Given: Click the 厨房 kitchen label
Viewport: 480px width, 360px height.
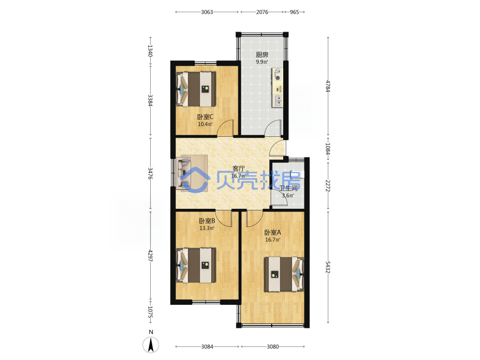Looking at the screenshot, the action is pos(262,55).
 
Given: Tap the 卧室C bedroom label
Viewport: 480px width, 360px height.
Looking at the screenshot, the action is pos(205,117).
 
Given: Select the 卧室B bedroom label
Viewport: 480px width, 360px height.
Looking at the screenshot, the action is pos(207,221).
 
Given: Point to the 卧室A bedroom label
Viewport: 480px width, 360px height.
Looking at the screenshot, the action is pos(273,232).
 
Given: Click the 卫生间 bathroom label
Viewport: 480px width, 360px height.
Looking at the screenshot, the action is pos(288,188).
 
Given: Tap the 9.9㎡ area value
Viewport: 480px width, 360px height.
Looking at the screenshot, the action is pos(262,62).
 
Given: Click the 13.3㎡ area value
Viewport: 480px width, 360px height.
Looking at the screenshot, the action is pos(207,228).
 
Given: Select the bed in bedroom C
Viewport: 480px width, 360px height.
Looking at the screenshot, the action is pos(196,89).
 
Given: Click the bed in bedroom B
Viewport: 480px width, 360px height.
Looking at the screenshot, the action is pos(196,265).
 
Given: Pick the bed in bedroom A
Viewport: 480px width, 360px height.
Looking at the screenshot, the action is pos(284,274).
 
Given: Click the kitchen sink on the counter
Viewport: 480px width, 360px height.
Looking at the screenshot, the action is pos(278,101).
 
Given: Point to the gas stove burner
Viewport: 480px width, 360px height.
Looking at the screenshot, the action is pos(277,78).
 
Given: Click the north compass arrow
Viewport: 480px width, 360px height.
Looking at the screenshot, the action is pos(151,345).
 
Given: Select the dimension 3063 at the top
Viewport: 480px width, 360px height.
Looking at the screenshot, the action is pos(207,12).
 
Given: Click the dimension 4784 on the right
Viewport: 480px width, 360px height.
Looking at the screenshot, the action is pos(328,86).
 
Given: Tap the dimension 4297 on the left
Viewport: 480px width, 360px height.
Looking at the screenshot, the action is pos(150,256).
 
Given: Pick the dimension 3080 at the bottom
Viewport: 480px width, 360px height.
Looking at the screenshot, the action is pos(273,347).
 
